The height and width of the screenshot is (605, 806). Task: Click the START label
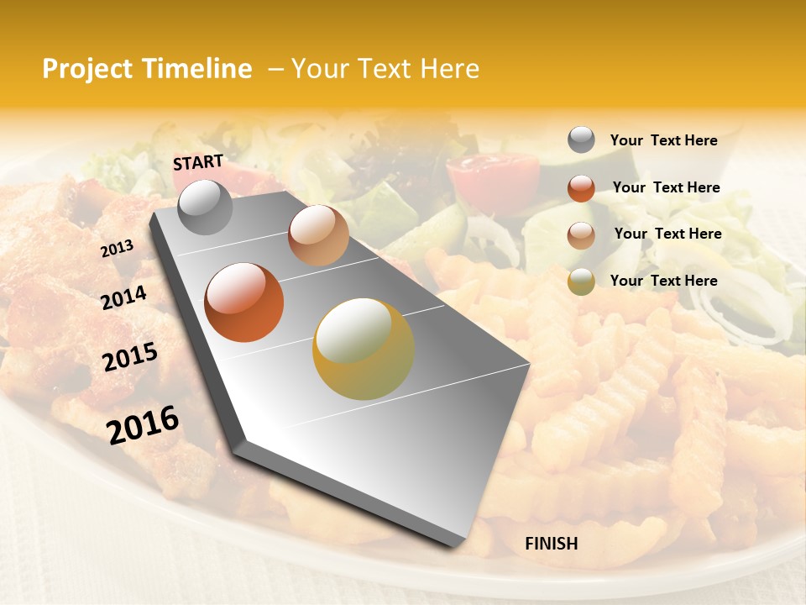198,162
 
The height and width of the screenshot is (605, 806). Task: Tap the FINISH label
551,544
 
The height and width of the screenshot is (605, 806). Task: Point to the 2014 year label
123,297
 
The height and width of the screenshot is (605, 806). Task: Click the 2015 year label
130,357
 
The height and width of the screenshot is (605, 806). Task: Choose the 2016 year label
143,424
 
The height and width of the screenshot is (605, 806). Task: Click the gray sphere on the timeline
206,207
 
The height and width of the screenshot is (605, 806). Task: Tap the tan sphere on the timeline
318,235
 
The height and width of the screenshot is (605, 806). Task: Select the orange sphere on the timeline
244,302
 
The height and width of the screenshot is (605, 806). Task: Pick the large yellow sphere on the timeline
364,349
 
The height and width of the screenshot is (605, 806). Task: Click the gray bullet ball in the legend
581,139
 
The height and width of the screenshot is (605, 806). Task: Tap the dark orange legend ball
581,187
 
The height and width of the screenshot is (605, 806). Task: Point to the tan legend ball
581,234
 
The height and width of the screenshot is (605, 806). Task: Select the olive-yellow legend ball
581,281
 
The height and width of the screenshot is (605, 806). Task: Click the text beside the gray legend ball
663,140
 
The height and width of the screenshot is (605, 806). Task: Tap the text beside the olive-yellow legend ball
663,281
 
